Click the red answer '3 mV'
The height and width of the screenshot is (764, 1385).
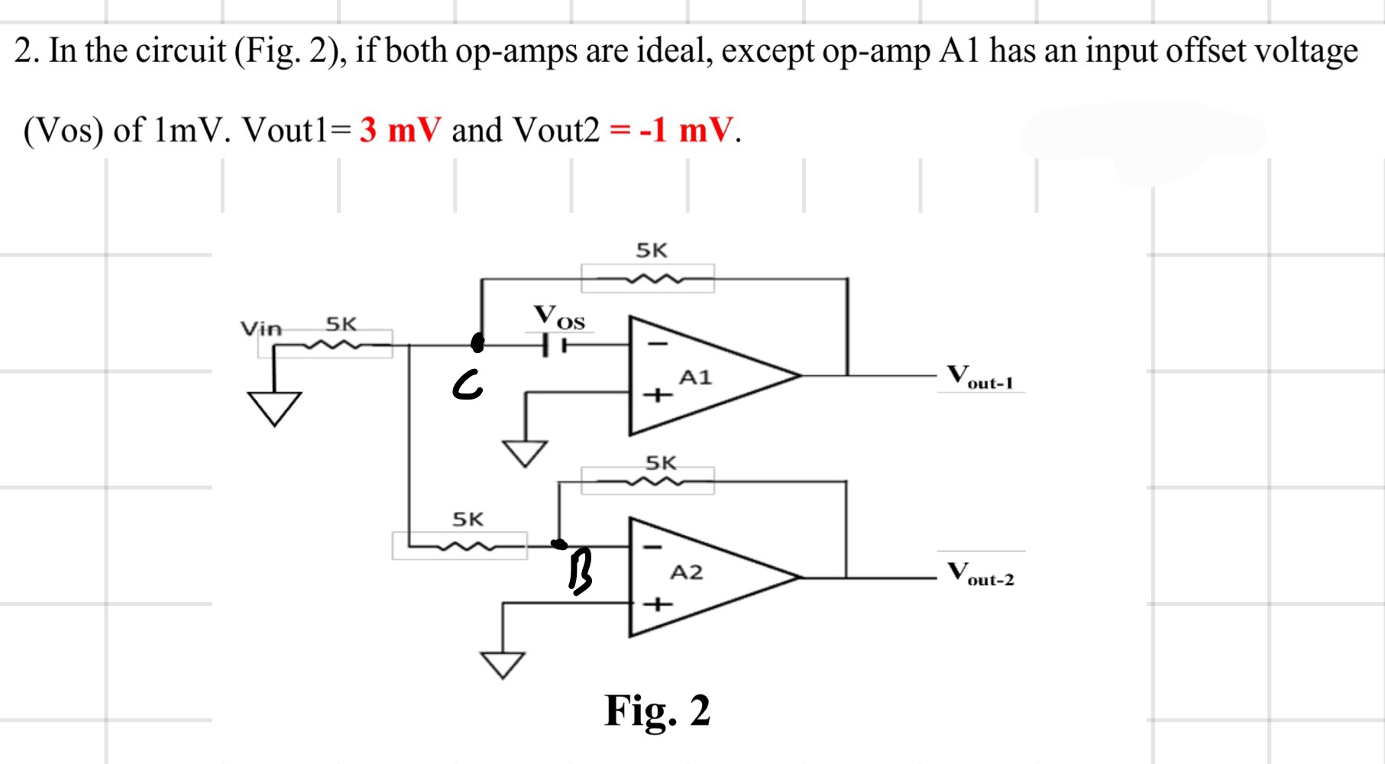[x=400, y=130]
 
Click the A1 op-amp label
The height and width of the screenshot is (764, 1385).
[x=695, y=377]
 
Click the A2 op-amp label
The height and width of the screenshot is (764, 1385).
[x=686, y=573]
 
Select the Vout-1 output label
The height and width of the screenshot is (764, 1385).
[x=980, y=377]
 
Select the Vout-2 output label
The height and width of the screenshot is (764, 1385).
[x=981, y=574]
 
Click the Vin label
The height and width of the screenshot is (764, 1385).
[x=261, y=329]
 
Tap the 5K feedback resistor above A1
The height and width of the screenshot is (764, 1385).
[x=648, y=279]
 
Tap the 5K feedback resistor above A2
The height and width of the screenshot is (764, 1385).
[x=648, y=481]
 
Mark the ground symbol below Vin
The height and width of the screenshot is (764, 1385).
[x=274, y=408]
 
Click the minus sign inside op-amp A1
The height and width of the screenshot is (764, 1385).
[x=658, y=345]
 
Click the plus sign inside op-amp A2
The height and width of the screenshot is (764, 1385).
[x=658, y=605]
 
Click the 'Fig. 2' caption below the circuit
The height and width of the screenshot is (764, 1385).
[x=657, y=711]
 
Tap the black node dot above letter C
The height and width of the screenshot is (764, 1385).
[x=478, y=343]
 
